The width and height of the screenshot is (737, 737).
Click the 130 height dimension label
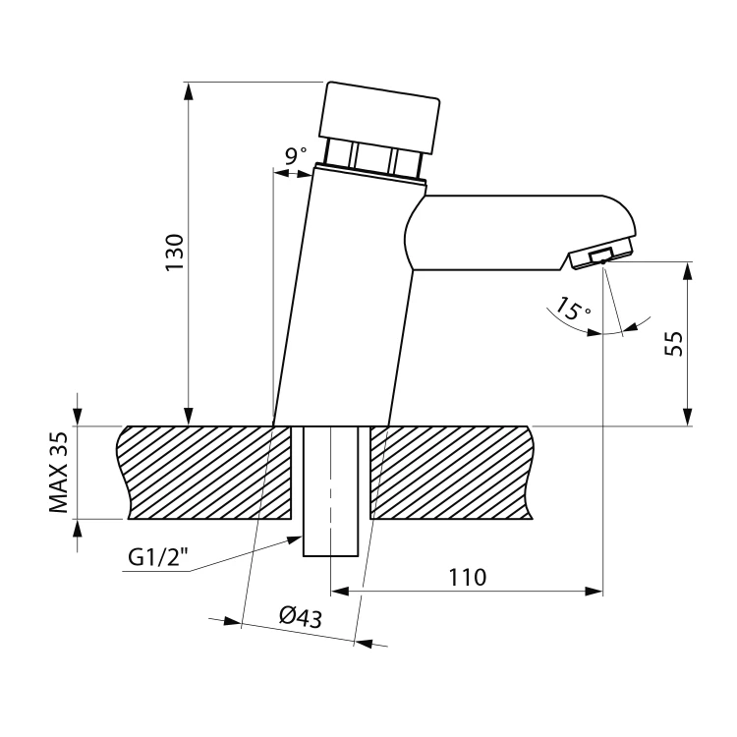click(x=174, y=253)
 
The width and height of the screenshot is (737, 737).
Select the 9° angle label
click(x=296, y=155)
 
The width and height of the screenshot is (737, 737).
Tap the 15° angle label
click(x=573, y=309)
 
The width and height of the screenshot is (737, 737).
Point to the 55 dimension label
click(x=673, y=344)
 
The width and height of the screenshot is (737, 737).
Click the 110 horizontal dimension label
click(x=467, y=577)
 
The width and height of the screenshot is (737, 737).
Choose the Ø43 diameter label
click(x=301, y=617)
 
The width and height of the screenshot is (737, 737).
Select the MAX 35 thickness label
click(x=59, y=473)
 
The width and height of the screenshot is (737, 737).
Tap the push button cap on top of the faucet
click(x=379, y=118)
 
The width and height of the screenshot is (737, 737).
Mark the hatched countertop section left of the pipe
click(x=204, y=473)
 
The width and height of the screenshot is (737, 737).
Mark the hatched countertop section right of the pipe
click(x=451, y=473)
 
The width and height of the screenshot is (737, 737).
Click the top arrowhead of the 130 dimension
click(x=188, y=91)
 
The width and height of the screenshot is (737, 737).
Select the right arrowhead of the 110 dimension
click(x=594, y=592)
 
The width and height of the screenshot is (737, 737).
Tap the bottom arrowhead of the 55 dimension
click(x=688, y=417)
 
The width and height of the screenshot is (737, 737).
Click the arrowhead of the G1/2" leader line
click(x=294, y=539)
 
